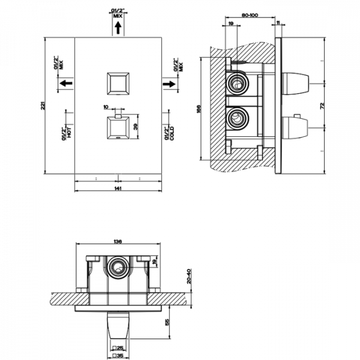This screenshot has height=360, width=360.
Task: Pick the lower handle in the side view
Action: (295, 127)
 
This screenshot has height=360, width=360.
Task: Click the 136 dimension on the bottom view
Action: (118, 242)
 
